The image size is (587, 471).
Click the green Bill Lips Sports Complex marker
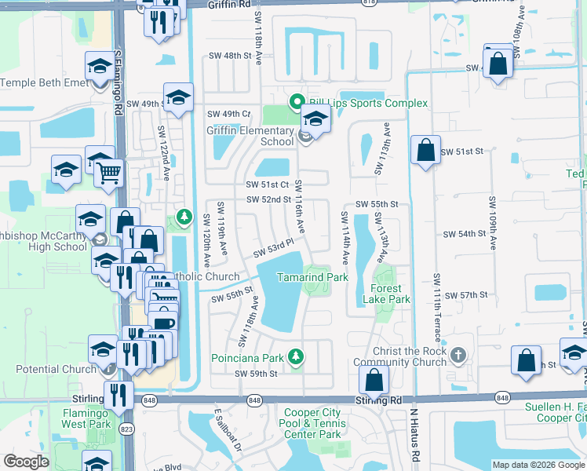pyautogui.click(x=297, y=102)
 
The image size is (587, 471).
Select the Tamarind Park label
pyautogui.click(x=312, y=277)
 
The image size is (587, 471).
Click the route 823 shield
pyautogui.click(x=125, y=429)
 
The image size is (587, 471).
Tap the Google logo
pyautogui.click(x=26, y=462)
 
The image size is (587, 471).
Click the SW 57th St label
pyautogui.click(x=466, y=294)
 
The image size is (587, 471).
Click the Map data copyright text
pyautogui.click(x=538, y=465)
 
